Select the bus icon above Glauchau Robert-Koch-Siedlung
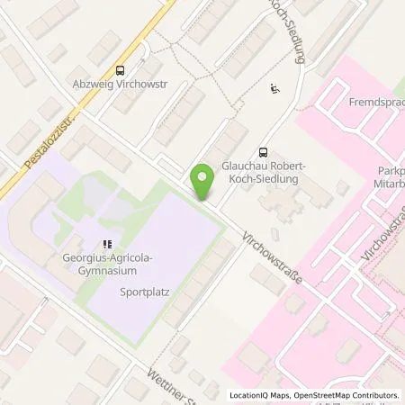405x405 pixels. (263, 153)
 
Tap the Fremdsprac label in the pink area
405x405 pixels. (375, 103)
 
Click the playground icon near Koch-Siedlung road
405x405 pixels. (275, 89)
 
